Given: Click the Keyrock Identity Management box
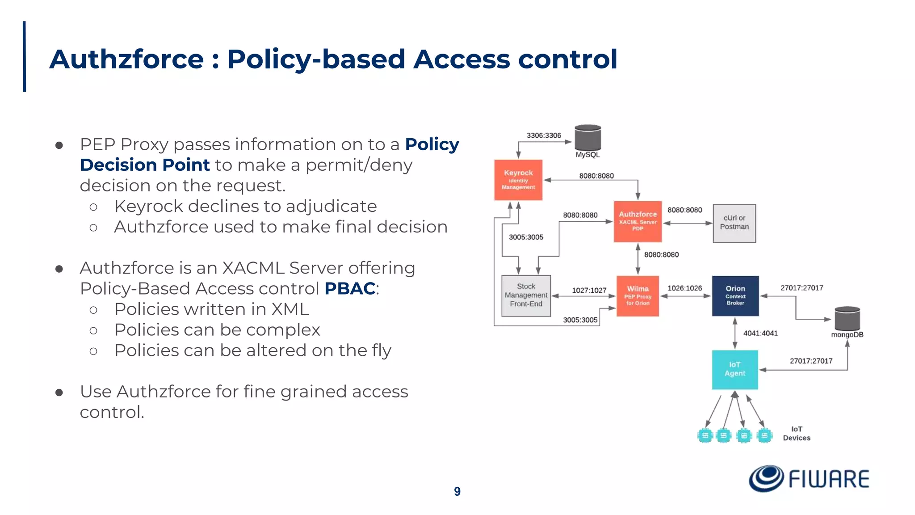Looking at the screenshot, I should [518, 180].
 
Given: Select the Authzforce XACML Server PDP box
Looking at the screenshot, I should [638, 221].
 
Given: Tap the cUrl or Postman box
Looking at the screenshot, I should [734, 223].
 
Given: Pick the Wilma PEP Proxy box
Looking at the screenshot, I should [638, 296].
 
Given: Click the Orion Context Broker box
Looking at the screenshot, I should [735, 296].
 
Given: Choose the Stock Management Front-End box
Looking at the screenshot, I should [526, 295].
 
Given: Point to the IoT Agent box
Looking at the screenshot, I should [735, 369].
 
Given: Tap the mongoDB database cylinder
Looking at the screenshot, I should [847, 319].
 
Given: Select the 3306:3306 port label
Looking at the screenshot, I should [543, 135].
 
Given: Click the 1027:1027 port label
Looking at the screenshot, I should [589, 291].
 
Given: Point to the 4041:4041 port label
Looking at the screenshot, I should [760, 333].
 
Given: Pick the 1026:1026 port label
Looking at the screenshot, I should [684, 288].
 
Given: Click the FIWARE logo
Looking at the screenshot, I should [809, 479].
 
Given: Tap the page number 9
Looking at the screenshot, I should [457, 491].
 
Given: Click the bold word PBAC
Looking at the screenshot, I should [349, 288].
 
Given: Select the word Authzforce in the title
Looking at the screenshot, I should [126, 59].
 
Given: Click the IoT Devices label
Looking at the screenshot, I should [796, 433].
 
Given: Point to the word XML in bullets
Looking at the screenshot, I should [290, 309].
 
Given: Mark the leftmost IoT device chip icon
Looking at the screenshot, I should [705, 435].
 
